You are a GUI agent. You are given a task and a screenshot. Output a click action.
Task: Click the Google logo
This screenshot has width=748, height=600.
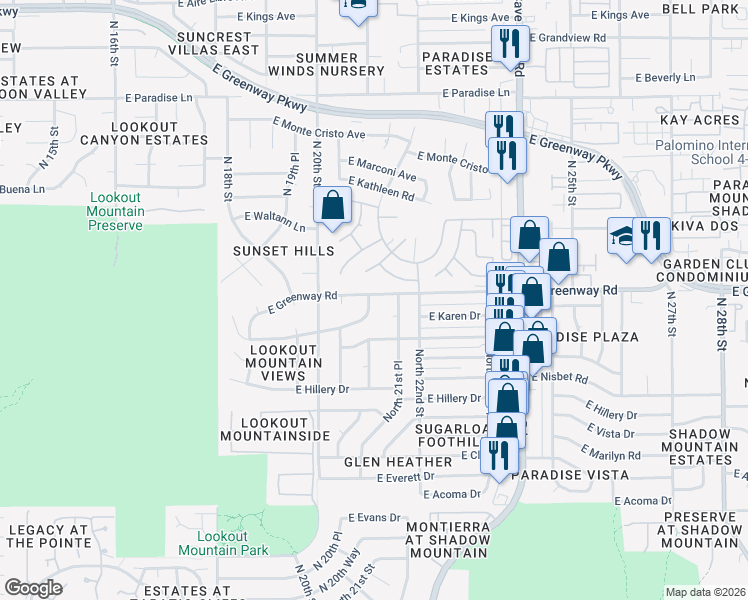click(x=33, y=588)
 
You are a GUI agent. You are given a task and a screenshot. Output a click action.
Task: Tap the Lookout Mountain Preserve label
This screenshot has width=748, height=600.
click(x=116, y=211)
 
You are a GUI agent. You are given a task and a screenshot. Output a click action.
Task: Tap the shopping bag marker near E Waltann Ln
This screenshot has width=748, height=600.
click(x=332, y=207)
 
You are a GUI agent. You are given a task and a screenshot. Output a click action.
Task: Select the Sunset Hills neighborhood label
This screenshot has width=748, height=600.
click(x=278, y=250)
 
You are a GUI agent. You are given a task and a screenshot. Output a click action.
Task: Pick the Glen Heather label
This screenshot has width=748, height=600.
click(x=398, y=462)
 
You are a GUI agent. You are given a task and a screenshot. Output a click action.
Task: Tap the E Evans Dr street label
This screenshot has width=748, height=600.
click(x=374, y=518)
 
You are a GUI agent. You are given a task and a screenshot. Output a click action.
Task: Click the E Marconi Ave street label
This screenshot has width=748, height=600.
click(x=381, y=162)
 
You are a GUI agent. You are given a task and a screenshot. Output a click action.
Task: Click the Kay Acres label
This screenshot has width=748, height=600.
click(x=699, y=120)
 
